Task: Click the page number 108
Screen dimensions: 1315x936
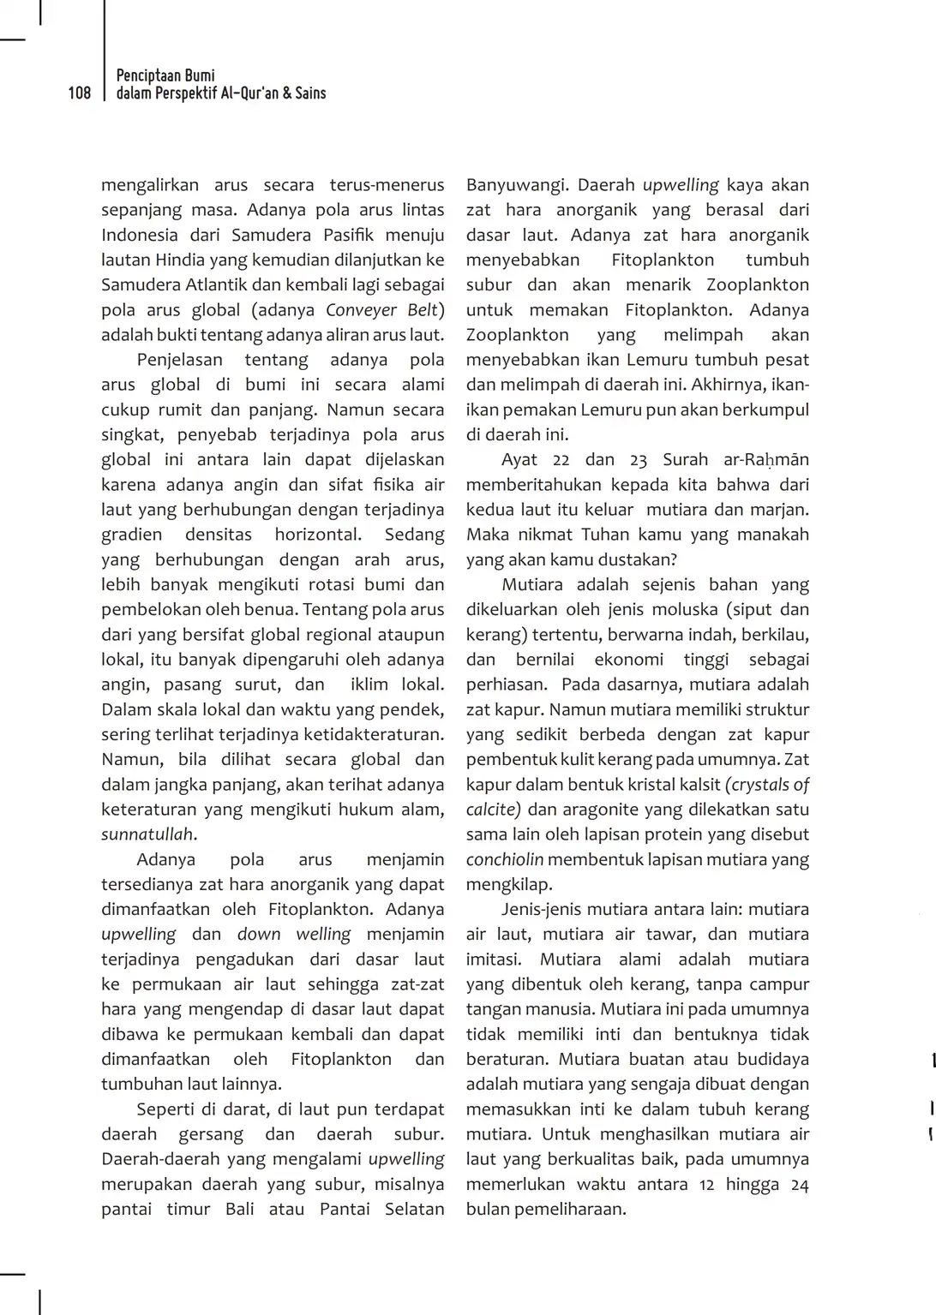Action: point(79,93)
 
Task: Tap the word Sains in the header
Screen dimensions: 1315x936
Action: point(310,93)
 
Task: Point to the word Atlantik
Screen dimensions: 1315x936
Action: point(218,285)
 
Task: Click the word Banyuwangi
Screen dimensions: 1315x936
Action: point(516,185)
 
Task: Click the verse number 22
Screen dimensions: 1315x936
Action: point(561,460)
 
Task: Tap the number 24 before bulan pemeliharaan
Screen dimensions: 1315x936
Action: point(799,1185)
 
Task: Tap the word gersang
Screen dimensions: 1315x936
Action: point(211,1134)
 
